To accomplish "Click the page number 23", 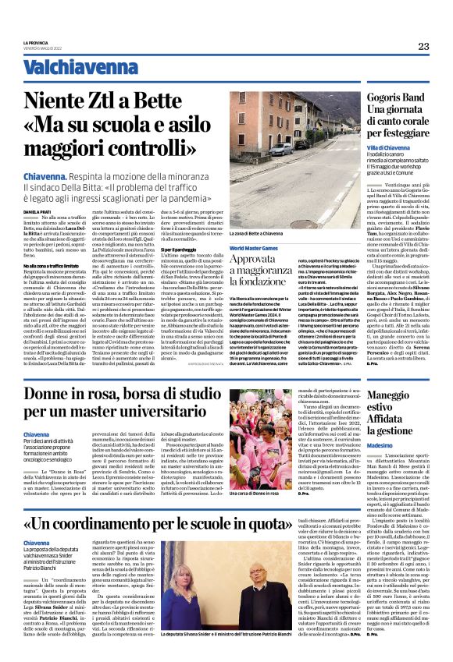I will pyautogui.click(x=423, y=46).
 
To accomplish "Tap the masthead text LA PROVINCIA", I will pyautogui.click(x=37, y=42).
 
